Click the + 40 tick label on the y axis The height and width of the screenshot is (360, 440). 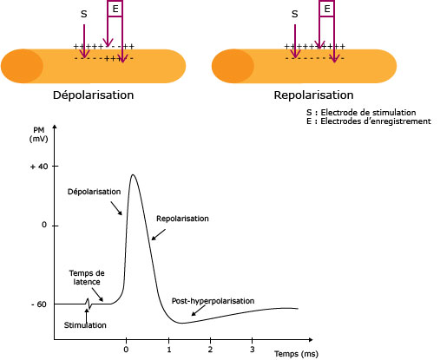pos(39,167)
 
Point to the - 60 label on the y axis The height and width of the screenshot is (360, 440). pos(39,304)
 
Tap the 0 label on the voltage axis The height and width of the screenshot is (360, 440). pos(44,225)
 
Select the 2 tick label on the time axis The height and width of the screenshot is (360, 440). pos(210,350)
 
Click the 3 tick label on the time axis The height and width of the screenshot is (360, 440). pos(253,350)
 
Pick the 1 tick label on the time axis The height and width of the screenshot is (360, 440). pos(169,350)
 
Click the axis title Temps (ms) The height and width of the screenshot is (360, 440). pos(296,354)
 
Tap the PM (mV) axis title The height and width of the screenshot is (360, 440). pos(38,134)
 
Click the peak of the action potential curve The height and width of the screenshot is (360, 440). pos(133,174)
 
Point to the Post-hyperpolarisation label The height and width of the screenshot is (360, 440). pos(213,301)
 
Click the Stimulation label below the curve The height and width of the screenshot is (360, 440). pos(85,325)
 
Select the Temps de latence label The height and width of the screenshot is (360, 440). pos(87,278)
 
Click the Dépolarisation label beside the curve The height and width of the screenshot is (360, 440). pos(94,192)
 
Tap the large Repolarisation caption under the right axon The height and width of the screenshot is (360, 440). pos(313,95)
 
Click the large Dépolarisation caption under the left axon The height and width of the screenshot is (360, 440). pos(93,95)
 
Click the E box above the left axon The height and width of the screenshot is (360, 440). pos(115,9)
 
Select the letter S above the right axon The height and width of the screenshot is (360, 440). pos(294,14)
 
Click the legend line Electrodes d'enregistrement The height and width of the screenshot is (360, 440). pos(369,121)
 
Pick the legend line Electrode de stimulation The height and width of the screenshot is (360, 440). pos(361,112)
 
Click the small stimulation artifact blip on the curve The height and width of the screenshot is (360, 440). pos(89,304)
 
